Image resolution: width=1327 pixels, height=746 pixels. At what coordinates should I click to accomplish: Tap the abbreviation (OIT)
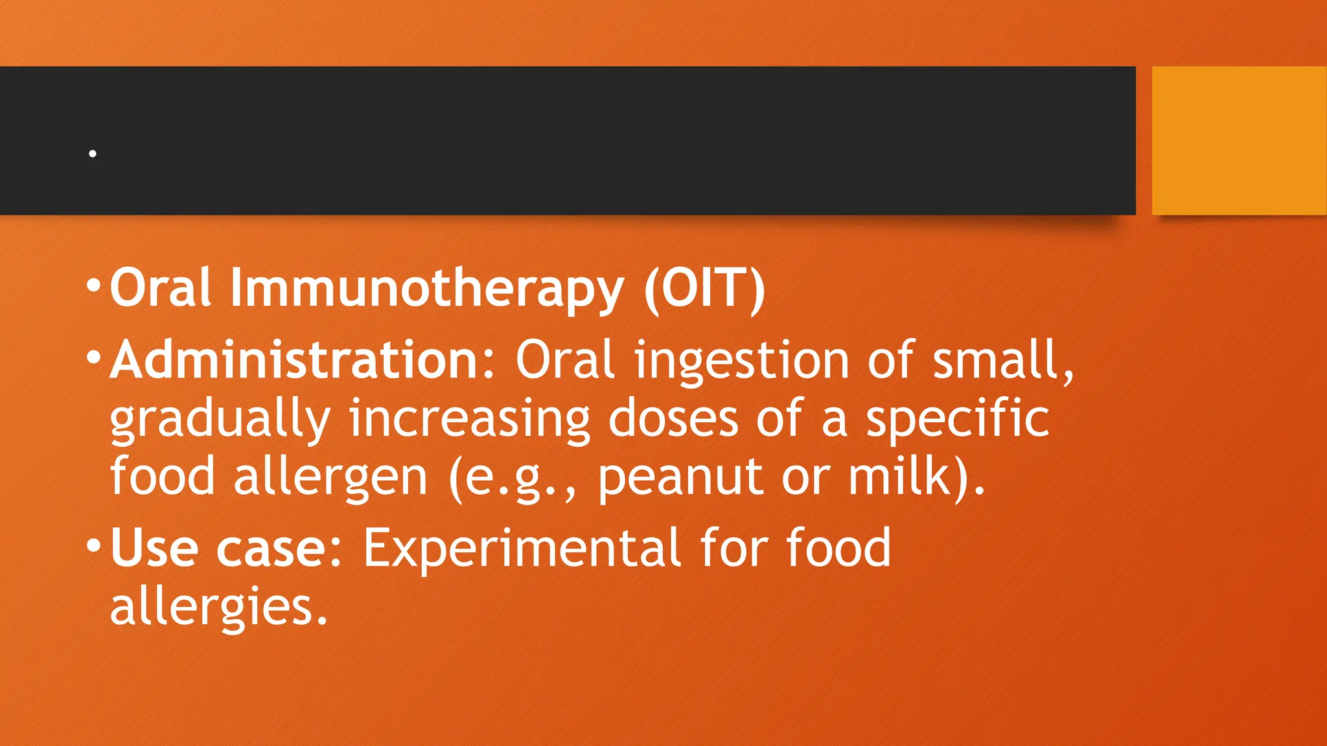point(704,289)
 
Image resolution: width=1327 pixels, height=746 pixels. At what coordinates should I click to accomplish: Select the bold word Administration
point(302,360)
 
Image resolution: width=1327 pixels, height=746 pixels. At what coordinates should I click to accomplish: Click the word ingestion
point(741,361)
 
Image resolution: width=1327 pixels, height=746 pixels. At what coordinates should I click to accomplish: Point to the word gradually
point(220,420)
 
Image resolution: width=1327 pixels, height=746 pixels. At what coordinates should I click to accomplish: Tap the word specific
point(958,420)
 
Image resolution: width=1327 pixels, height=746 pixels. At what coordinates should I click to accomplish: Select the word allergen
point(330,478)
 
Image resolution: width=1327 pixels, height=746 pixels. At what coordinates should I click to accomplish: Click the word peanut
point(681,478)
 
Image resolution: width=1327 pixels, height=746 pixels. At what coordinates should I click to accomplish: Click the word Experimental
point(522,548)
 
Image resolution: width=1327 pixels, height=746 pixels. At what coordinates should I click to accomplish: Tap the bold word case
point(272,548)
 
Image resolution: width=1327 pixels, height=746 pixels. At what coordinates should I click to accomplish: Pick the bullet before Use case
point(93,544)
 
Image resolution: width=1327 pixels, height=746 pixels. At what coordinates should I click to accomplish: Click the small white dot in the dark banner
point(93,153)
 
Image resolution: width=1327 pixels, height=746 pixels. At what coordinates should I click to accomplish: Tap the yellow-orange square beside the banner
point(1239,141)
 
